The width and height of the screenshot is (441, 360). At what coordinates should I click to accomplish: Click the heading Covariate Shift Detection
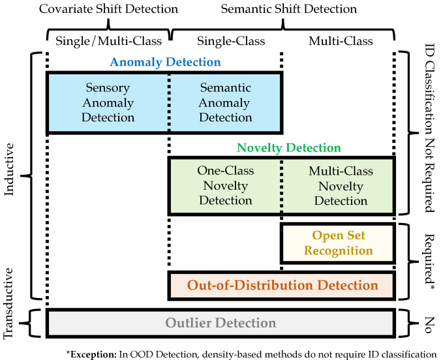[x=108, y=9]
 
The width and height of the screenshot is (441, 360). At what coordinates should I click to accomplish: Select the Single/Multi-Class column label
[x=108, y=40]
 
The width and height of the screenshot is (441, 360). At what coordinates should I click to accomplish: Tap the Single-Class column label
[x=226, y=40]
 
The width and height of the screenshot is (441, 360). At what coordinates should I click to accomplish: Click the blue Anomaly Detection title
[x=165, y=62]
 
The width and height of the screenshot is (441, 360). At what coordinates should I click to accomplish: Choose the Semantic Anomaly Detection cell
[x=226, y=102]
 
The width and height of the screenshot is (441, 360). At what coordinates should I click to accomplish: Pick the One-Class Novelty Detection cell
[x=226, y=186]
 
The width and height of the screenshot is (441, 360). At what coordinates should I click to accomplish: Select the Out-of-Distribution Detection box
[x=282, y=286]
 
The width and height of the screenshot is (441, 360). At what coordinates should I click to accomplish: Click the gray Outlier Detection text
[x=220, y=323]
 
